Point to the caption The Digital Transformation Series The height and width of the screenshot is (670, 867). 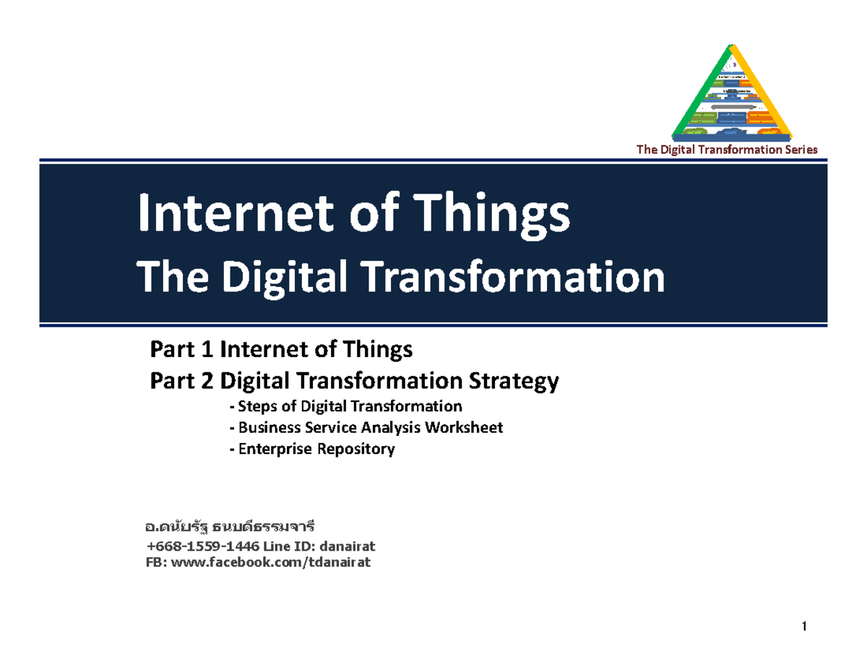click(726, 150)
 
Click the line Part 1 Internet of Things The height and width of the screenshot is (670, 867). click(280, 351)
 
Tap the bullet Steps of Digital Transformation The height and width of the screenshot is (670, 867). click(345, 405)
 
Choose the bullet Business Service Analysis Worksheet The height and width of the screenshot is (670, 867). click(365, 427)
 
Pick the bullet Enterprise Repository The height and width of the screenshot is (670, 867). click(311, 449)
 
